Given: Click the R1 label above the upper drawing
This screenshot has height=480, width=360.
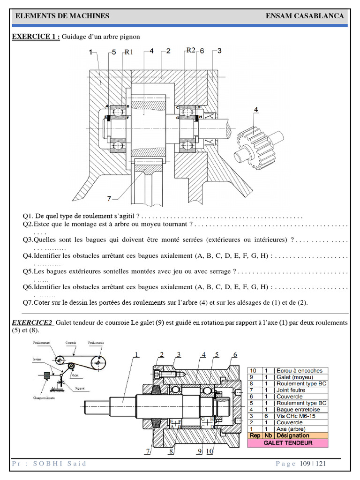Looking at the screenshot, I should [129, 52].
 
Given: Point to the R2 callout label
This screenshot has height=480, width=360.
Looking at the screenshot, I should [190, 50].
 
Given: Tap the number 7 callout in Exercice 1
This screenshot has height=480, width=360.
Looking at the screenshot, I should [109, 199].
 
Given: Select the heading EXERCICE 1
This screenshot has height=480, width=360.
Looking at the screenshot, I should [36, 37].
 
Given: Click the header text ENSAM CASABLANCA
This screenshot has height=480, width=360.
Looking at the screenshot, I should [305, 16].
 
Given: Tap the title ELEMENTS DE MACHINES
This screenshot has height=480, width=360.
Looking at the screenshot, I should [62, 16].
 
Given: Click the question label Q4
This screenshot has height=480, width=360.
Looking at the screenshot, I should [28, 256].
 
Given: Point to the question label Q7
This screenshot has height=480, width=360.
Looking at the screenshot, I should [28, 302].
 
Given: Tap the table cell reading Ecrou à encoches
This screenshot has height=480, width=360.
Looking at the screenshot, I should [299, 370].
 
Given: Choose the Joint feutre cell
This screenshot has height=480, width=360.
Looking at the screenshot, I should [291, 390].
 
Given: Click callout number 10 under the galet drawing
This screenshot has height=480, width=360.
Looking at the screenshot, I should [210, 451].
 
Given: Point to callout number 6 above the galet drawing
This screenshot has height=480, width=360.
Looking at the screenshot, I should [235, 354].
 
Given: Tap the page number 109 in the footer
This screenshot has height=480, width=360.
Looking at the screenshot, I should [305, 464].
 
